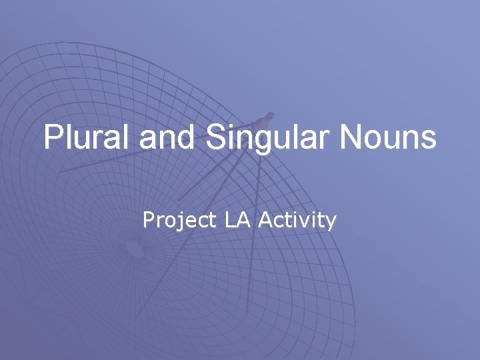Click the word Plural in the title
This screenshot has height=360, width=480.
click(x=88, y=138)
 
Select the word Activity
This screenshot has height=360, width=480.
click(x=297, y=220)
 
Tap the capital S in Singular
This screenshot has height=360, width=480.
click(x=216, y=138)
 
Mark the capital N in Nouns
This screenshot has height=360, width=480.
click(x=351, y=138)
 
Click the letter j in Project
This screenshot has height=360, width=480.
click(x=179, y=221)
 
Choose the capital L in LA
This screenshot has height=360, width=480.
click(x=230, y=219)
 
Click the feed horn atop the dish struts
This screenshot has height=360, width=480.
click(x=265, y=121)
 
